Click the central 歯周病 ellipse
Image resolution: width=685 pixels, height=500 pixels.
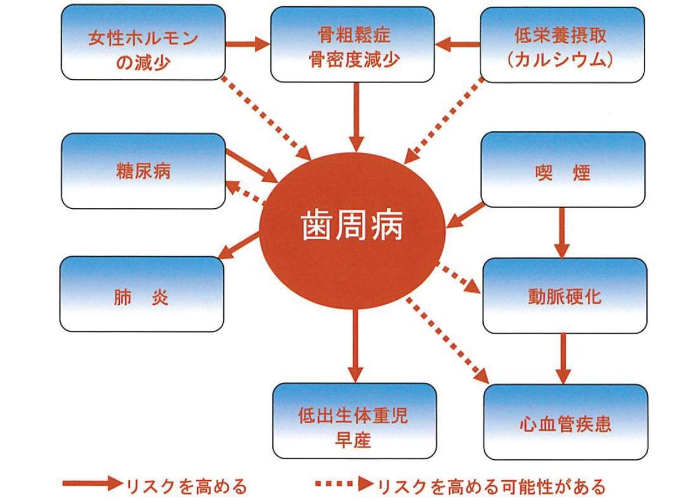pyautogui.click(x=350, y=229)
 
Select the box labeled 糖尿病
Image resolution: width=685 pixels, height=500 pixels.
pyautogui.click(x=142, y=171)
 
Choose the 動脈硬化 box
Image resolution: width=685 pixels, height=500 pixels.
pyautogui.click(x=565, y=295)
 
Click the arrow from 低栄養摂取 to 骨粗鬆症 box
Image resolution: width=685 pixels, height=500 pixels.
pyautogui.click(x=458, y=44)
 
